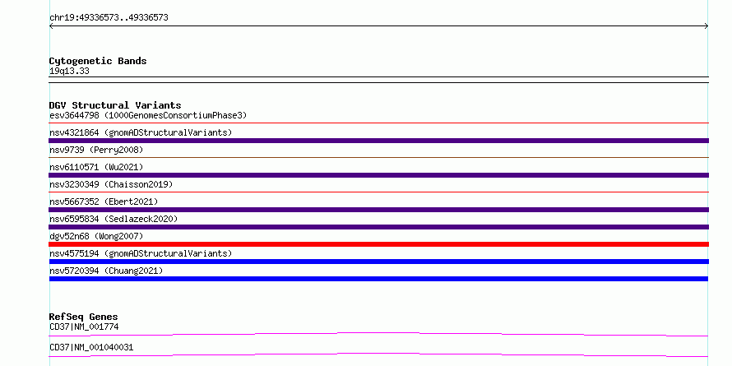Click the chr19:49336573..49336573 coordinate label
pyautogui.click(x=109, y=18)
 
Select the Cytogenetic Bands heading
pyautogui.click(x=98, y=61)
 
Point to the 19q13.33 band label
pyautogui.click(x=69, y=72)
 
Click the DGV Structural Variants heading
pyautogui.click(x=115, y=105)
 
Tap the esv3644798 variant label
pyautogui.click(x=148, y=115)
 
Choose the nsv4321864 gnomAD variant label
pyautogui.click(x=141, y=132)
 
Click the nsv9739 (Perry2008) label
pyautogui.click(x=96, y=150)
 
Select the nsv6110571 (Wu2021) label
pyautogui.click(x=96, y=167)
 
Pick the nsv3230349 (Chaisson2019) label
pyautogui.click(x=111, y=184)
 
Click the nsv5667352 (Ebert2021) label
pyautogui.click(x=104, y=202)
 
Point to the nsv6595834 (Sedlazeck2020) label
pyautogui.click(x=114, y=219)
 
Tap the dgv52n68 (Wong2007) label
pyautogui.click(x=96, y=236)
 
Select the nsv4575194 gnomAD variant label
pyautogui.click(x=141, y=253)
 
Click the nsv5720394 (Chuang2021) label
pyautogui.click(x=106, y=271)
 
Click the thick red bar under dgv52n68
pyautogui.click(x=378, y=244)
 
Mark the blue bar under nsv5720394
pyautogui.click(x=378, y=279)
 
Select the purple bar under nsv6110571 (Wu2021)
pyautogui.click(x=378, y=175)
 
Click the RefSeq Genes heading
pyautogui.click(x=83, y=317)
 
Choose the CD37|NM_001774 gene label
pyautogui.click(x=84, y=327)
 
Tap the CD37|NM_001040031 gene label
pyautogui.click(x=91, y=347)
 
